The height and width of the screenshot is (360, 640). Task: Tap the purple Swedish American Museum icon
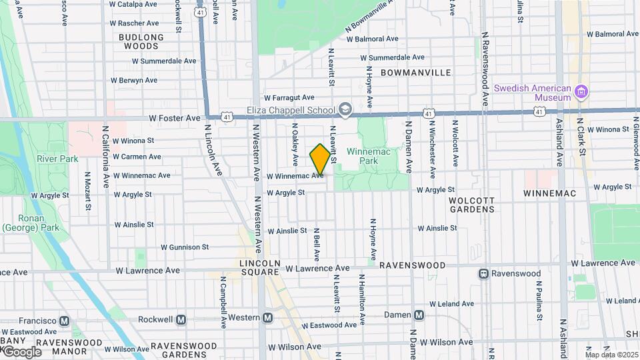pos(581,92)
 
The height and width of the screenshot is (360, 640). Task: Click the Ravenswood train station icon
pos(483,273)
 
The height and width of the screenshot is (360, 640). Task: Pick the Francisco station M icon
pos(64,321)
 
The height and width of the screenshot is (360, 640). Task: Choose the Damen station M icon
pos(419,315)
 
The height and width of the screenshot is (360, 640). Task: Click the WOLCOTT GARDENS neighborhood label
pos(472,204)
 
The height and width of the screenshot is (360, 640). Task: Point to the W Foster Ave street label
pos(175,118)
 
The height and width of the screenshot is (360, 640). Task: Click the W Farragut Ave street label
pos(289,97)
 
